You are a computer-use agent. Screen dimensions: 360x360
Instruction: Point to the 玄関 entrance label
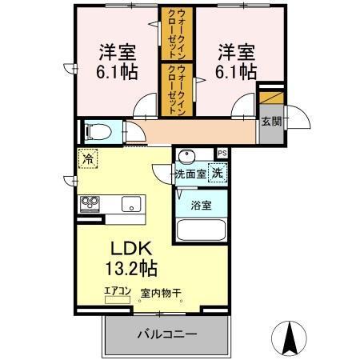270,122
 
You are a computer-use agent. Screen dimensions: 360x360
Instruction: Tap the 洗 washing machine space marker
217,170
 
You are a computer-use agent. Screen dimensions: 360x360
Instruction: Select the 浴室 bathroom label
201,206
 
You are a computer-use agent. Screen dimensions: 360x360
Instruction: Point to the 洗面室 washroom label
191,172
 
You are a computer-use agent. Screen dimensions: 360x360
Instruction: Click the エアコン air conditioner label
117,292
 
